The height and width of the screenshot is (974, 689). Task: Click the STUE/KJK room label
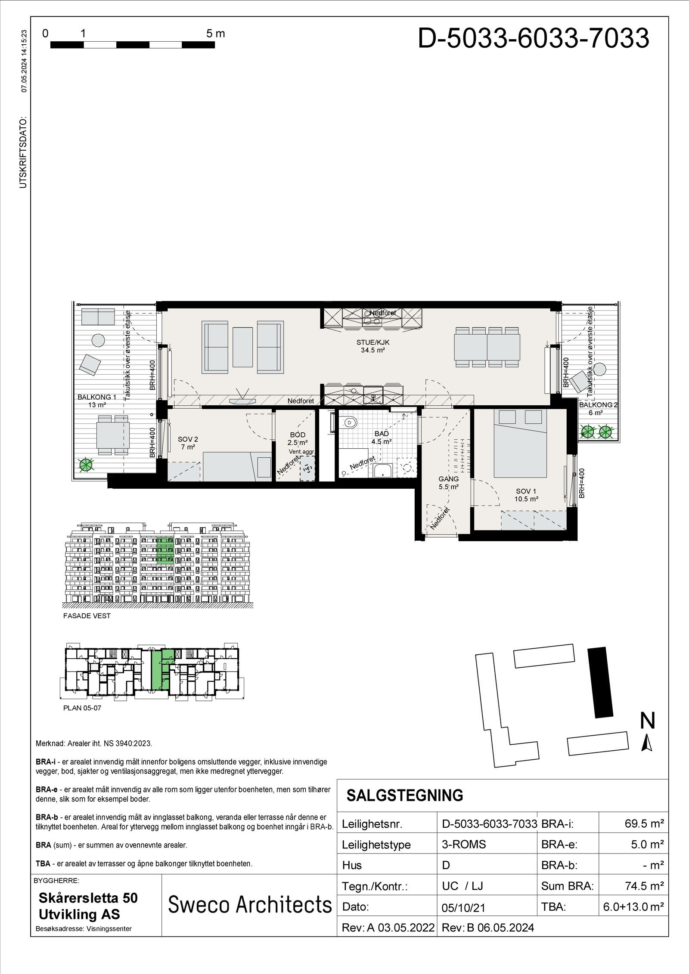[x=373, y=346]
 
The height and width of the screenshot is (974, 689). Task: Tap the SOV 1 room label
[x=526, y=495]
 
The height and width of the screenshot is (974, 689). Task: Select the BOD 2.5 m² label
[x=297, y=438]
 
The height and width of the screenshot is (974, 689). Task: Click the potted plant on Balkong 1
[x=86, y=464]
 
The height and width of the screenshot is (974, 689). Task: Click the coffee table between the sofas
[x=242, y=347]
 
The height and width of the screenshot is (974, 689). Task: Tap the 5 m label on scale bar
[x=215, y=34]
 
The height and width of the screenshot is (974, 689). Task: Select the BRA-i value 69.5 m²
[x=643, y=824]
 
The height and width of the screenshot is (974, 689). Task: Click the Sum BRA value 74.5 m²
[x=643, y=886]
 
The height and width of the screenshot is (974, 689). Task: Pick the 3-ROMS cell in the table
[x=464, y=845]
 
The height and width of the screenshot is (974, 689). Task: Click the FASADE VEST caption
[x=87, y=616]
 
